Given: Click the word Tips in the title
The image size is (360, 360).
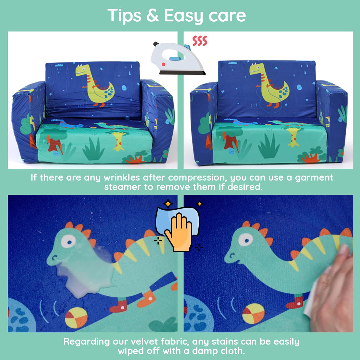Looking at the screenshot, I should [x=124, y=15].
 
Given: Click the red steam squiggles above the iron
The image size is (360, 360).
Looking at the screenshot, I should [x=200, y=41].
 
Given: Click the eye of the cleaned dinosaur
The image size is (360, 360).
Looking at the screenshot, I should [x=246, y=239].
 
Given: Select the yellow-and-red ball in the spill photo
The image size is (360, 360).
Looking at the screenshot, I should [x=76, y=318].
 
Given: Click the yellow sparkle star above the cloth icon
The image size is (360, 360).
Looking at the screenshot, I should [x=168, y=203].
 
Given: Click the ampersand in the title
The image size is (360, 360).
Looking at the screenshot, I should [x=153, y=15].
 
